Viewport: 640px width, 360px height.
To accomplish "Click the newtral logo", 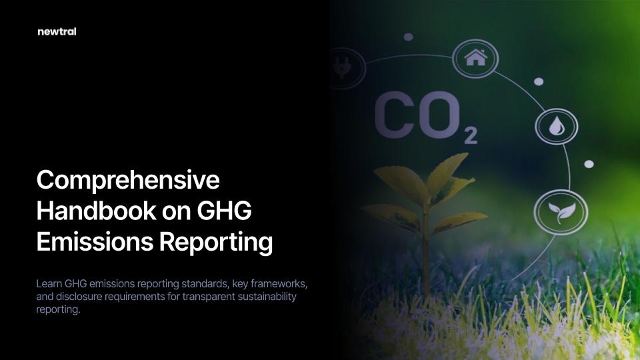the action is pyautogui.click(x=57, y=31).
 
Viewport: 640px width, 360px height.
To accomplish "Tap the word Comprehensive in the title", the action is pyautogui.click(x=128, y=180).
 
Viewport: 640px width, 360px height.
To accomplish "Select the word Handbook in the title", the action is pyautogui.click(x=96, y=211).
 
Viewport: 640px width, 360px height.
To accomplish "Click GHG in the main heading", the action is pyautogui.click(x=224, y=211).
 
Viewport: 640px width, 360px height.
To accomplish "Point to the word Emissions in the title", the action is pyautogui.click(x=95, y=241).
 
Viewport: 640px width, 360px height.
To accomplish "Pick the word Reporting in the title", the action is pyautogui.click(x=216, y=243).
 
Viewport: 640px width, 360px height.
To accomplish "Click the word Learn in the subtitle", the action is pyautogui.click(x=49, y=283).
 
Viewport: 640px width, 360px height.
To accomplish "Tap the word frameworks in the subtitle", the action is pyautogui.click(x=279, y=283).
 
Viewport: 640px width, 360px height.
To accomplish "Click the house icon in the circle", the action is pyautogui.click(x=475, y=58).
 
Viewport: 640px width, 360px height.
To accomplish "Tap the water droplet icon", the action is pyautogui.click(x=556, y=126).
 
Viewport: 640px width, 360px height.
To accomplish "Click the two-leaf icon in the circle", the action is pyautogui.click(x=561, y=212).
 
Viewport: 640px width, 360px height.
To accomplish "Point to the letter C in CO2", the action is pyautogui.click(x=392, y=115).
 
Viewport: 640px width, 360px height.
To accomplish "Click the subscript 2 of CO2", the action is pyautogui.click(x=471, y=136).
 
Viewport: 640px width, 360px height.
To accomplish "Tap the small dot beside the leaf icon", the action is pyautogui.click(x=589, y=164).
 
